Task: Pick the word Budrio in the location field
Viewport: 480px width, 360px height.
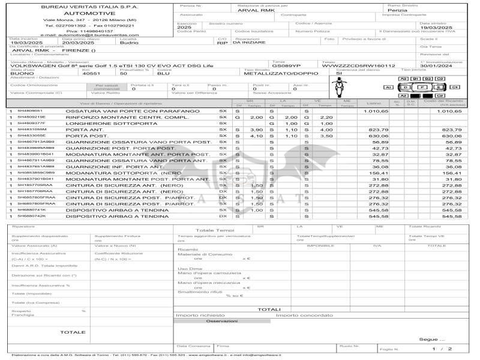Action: click(x=128, y=43)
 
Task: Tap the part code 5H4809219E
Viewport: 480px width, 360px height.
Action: click(x=31, y=117)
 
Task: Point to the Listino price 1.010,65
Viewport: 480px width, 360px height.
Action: click(x=376, y=111)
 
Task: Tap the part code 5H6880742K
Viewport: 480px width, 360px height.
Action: click(x=31, y=216)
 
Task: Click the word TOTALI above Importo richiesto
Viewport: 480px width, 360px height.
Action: click(x=269, y=309)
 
